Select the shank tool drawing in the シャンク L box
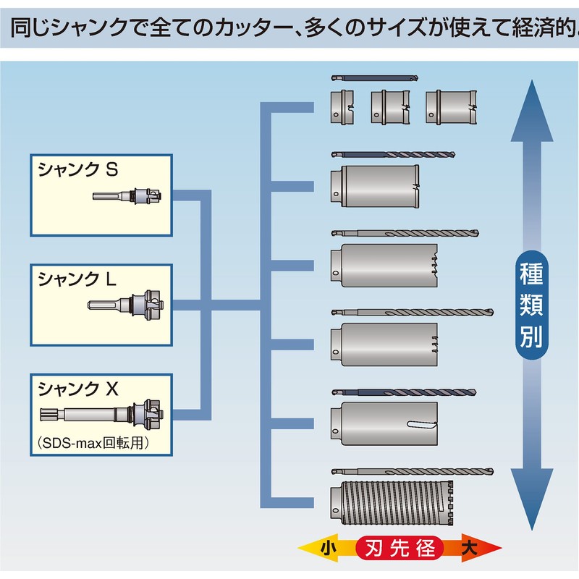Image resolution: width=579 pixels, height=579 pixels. [127, 304]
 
